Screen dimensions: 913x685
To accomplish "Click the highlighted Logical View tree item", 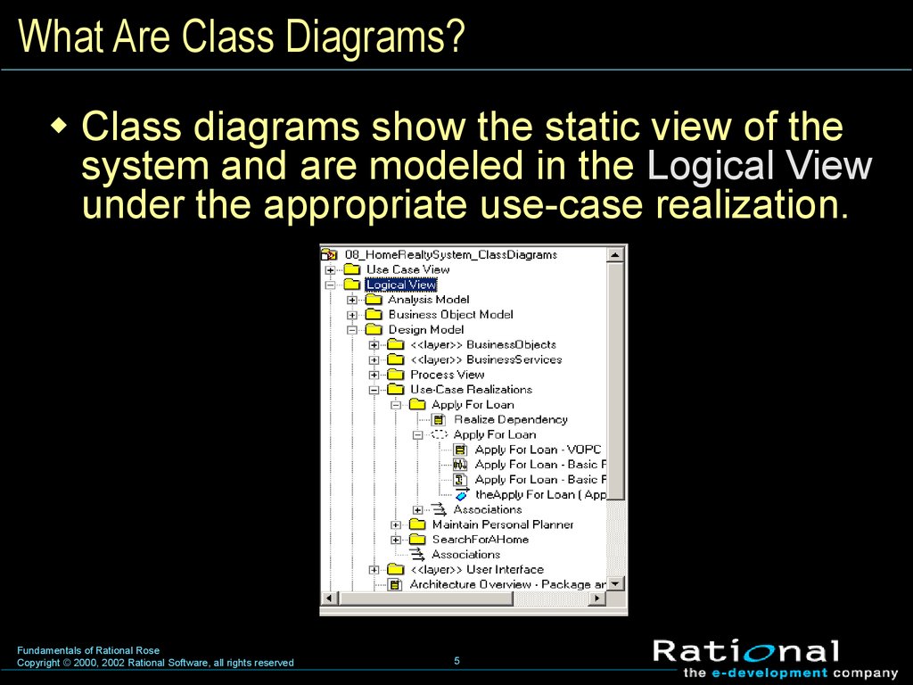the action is [x=400, y=285].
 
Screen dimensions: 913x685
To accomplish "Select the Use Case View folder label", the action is [x=407, y=269].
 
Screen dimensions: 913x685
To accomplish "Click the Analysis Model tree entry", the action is [x=429, y=300].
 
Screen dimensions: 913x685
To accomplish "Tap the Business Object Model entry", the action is [x=450, y=315].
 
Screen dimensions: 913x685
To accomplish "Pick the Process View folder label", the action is [x=448, y=375].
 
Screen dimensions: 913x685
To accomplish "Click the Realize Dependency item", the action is [x=511, y=419].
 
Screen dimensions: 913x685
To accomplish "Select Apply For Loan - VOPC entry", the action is [x=538, y=450].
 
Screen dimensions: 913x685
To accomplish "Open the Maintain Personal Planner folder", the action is [x=503, y=524].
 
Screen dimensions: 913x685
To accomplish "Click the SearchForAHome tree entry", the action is [x=481, y=540].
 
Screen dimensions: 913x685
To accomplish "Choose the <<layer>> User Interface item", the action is [x=477, y=570].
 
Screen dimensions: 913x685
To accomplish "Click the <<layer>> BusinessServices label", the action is [x=486, y=360].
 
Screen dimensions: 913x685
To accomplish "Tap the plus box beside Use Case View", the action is [x=330, y=270].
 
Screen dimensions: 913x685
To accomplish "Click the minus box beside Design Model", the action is [x=352, y=330].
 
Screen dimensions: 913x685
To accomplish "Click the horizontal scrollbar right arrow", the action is [x=596, y=598].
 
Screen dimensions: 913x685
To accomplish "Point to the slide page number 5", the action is [x=457, y=661].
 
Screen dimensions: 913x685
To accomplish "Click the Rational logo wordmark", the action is [x=746, y=652].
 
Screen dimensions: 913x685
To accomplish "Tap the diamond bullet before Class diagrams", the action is [x=59, y=125].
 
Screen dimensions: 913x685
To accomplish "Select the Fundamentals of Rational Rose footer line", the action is [x=88, y=650].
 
